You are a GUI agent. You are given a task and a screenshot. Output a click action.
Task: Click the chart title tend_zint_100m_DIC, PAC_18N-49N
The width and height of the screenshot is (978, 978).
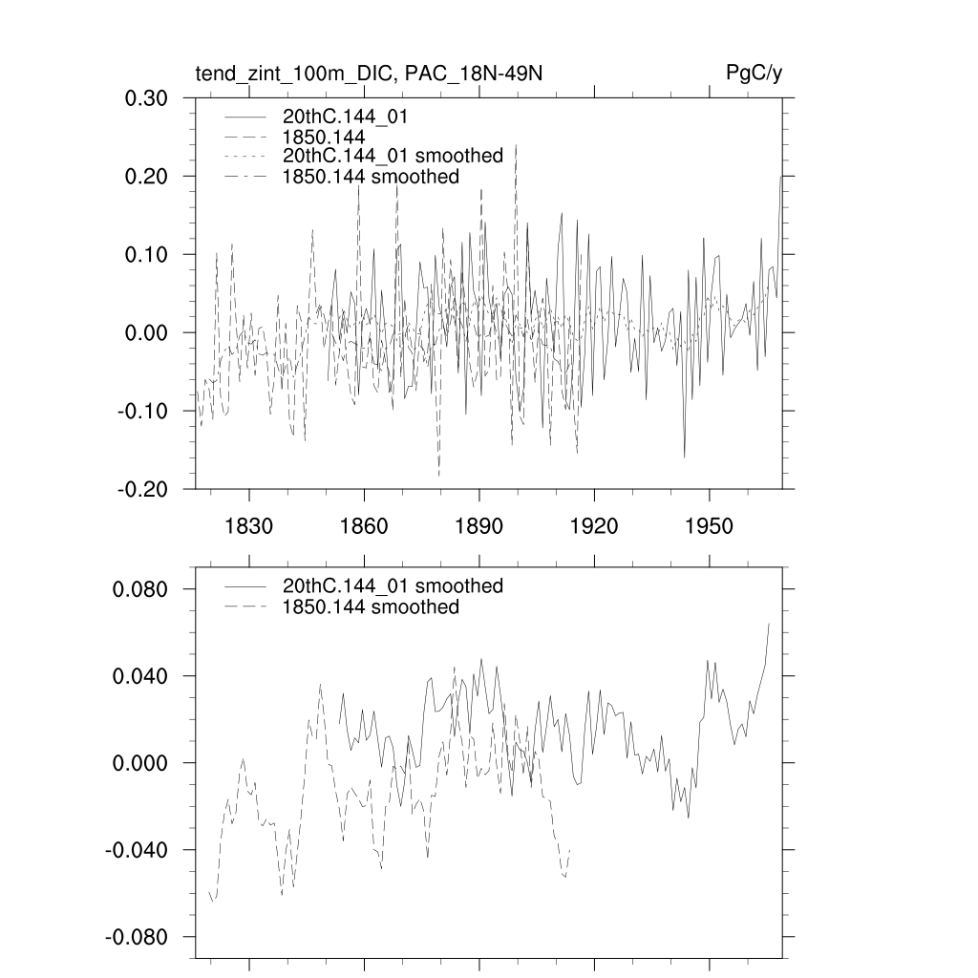tap(369, 74)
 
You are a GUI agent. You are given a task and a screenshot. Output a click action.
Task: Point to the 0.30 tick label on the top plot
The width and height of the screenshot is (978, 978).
tap(148, 98)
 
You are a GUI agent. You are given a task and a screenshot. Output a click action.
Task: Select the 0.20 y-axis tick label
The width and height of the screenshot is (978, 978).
tap(148, 177)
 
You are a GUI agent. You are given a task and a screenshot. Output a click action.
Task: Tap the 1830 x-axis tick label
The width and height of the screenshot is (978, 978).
tap(248, 526)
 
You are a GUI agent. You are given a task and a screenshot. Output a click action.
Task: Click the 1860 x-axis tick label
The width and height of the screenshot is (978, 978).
tap(364, 526)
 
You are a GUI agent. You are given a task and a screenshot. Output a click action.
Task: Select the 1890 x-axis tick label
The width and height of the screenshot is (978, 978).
tap(479, 526)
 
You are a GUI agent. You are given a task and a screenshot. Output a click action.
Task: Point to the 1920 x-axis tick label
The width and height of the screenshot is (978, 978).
tap(594, 526)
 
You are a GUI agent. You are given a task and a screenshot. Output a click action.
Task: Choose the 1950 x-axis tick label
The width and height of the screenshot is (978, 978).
tap(710, 526)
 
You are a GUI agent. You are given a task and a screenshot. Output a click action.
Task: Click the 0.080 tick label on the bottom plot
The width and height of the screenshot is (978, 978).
tap(141, 589)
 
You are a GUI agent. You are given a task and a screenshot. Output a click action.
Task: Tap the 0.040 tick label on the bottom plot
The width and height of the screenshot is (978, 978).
tap(141, 676)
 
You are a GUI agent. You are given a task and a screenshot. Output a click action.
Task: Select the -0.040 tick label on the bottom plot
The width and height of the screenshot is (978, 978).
tap(138, 851)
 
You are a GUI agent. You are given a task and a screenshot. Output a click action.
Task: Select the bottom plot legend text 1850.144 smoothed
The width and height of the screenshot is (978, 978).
tap(371, 607)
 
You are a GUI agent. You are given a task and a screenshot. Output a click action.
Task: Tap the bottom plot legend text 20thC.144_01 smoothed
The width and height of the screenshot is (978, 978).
tap(393, 586)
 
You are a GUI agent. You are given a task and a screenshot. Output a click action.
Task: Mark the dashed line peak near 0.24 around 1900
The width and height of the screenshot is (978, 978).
tap(516, 146)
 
